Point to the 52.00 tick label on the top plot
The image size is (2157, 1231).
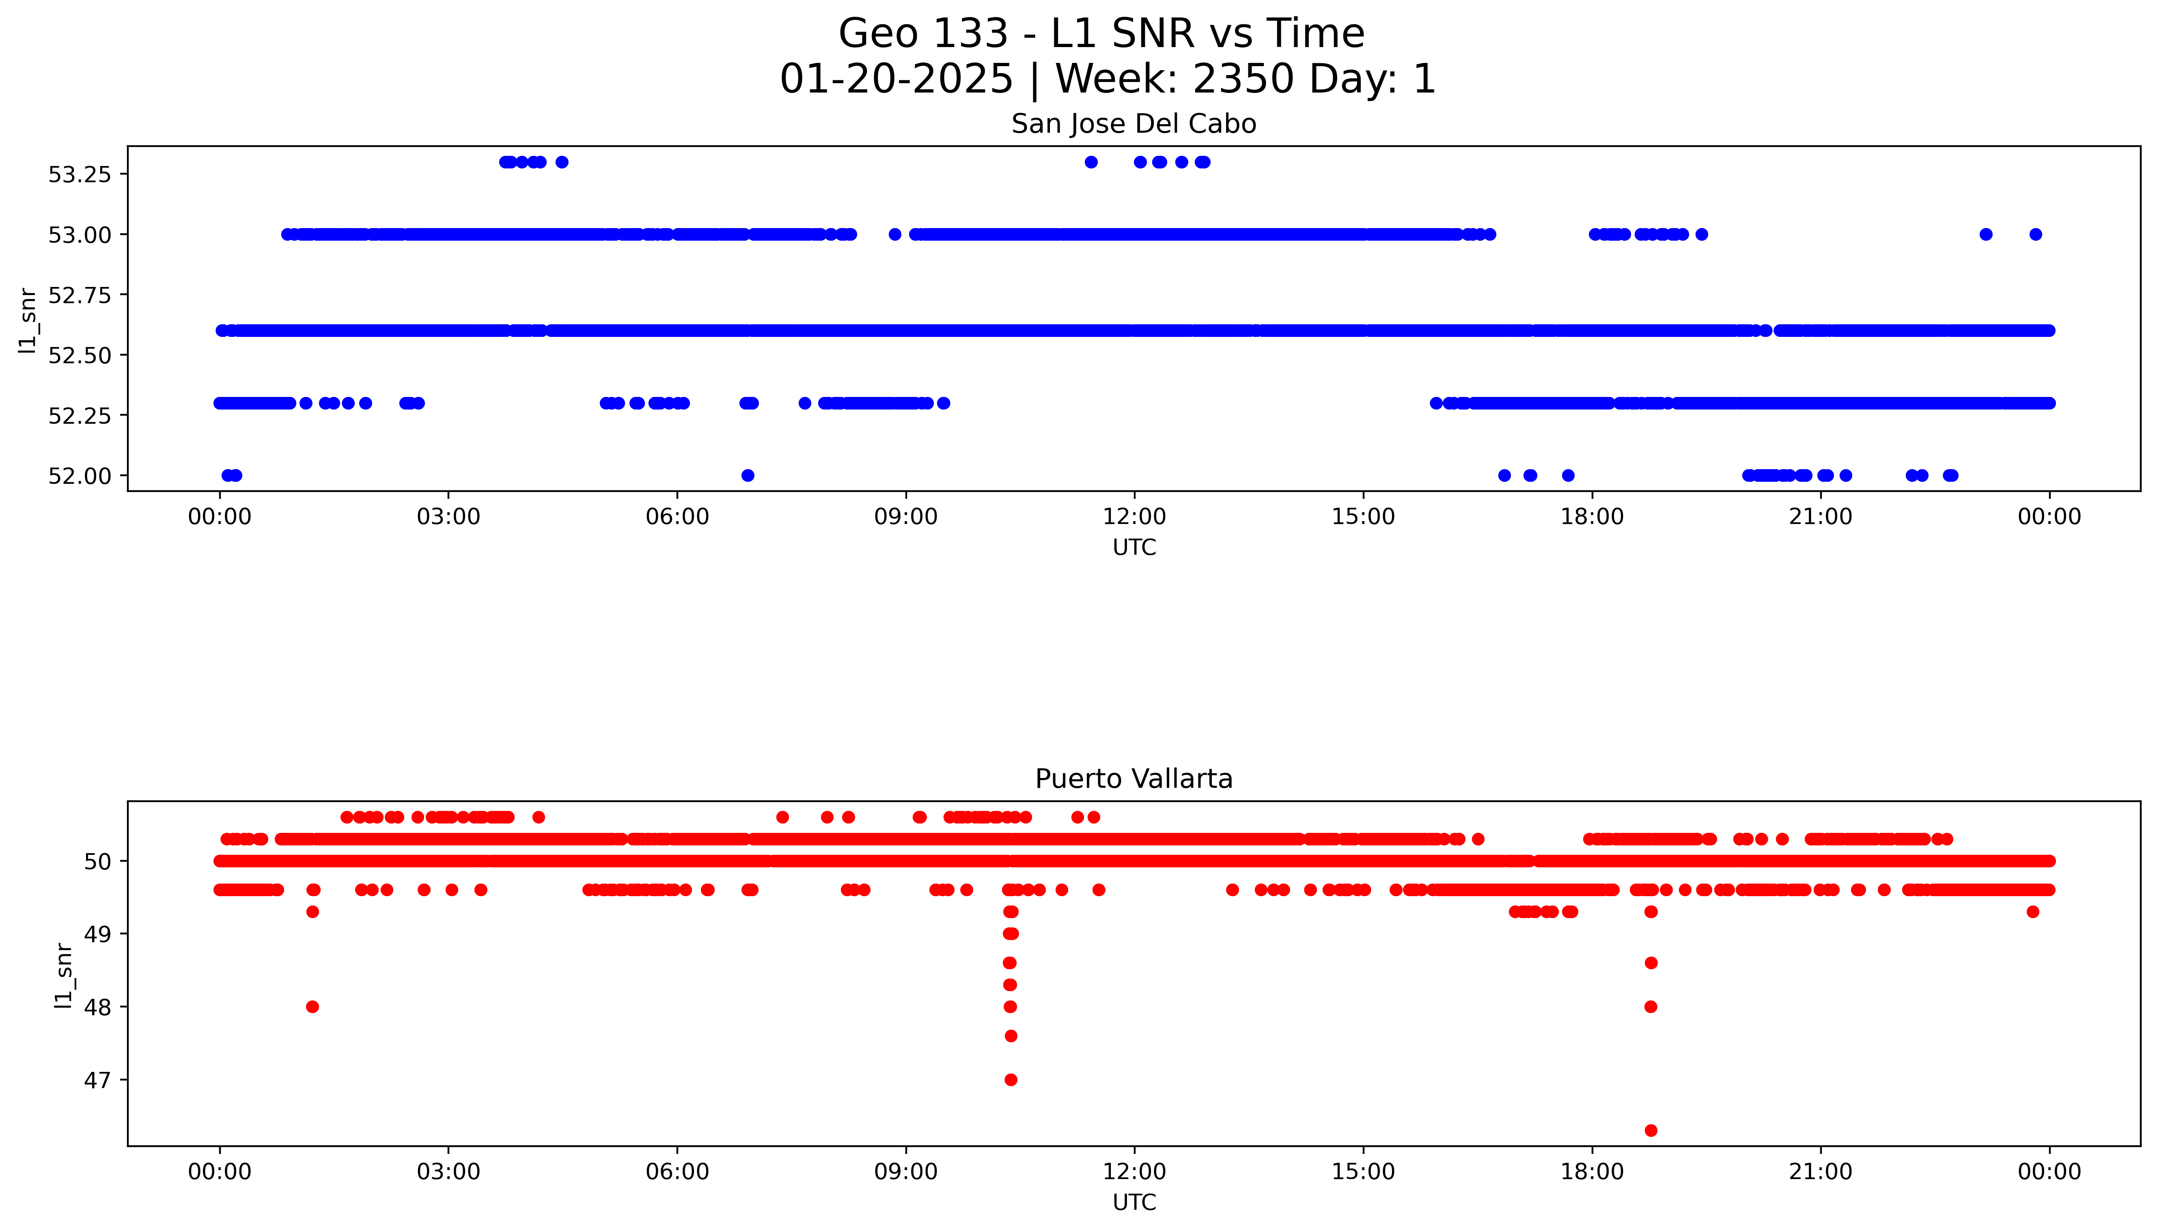click(80, 476)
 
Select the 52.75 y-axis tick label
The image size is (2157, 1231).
click(80, 295)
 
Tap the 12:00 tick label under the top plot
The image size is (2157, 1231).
click(1134, 517)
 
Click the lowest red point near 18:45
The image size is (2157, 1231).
click(1650, 1130)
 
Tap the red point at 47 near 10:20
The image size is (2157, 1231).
click(1010, 1080)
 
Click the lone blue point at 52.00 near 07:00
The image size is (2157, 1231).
click(747, 475)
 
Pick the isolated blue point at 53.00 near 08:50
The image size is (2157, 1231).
click(894, 234)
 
